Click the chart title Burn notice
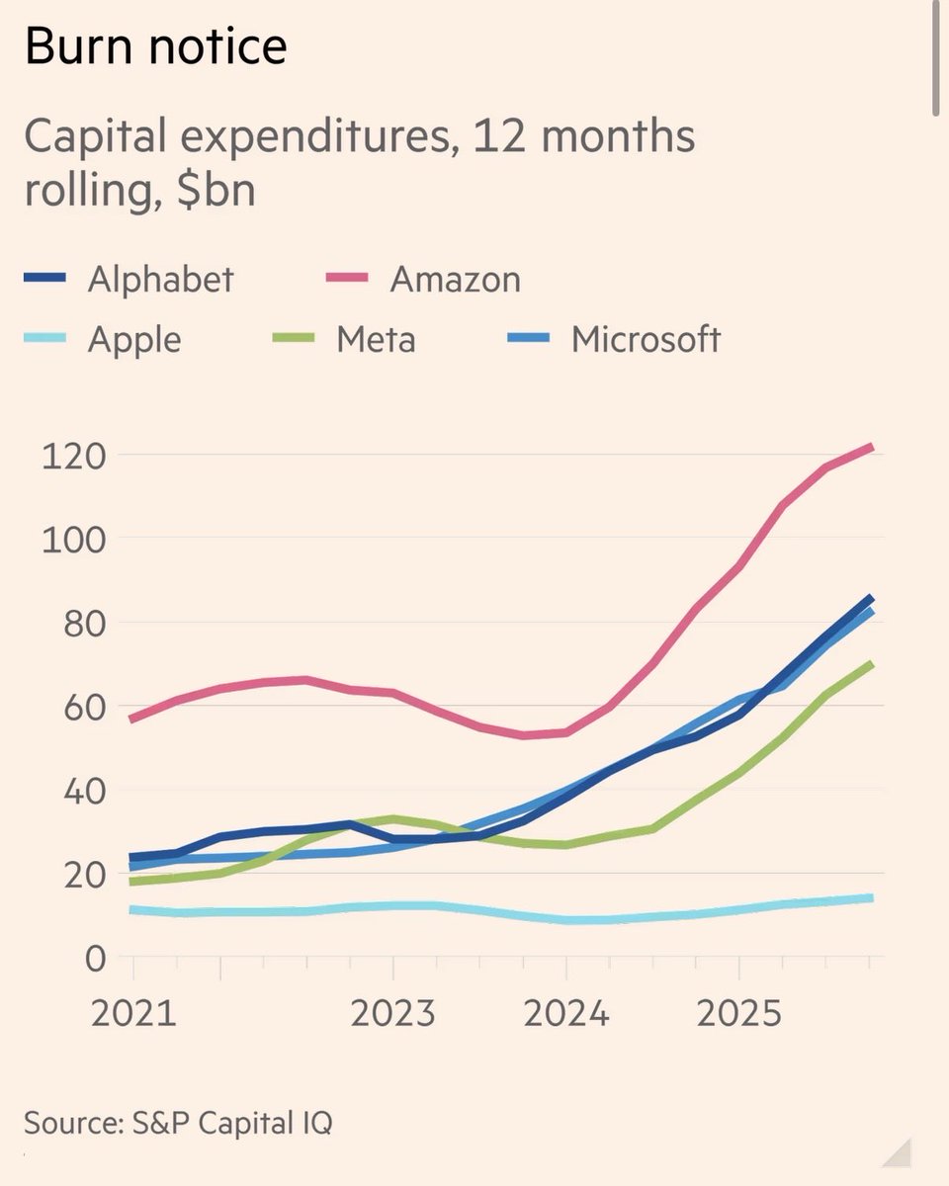pos(155,46)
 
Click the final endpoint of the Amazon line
pos(871,448)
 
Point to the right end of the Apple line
pos(871,897)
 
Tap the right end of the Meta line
pos(871,664)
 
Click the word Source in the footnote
pos(70,1124)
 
